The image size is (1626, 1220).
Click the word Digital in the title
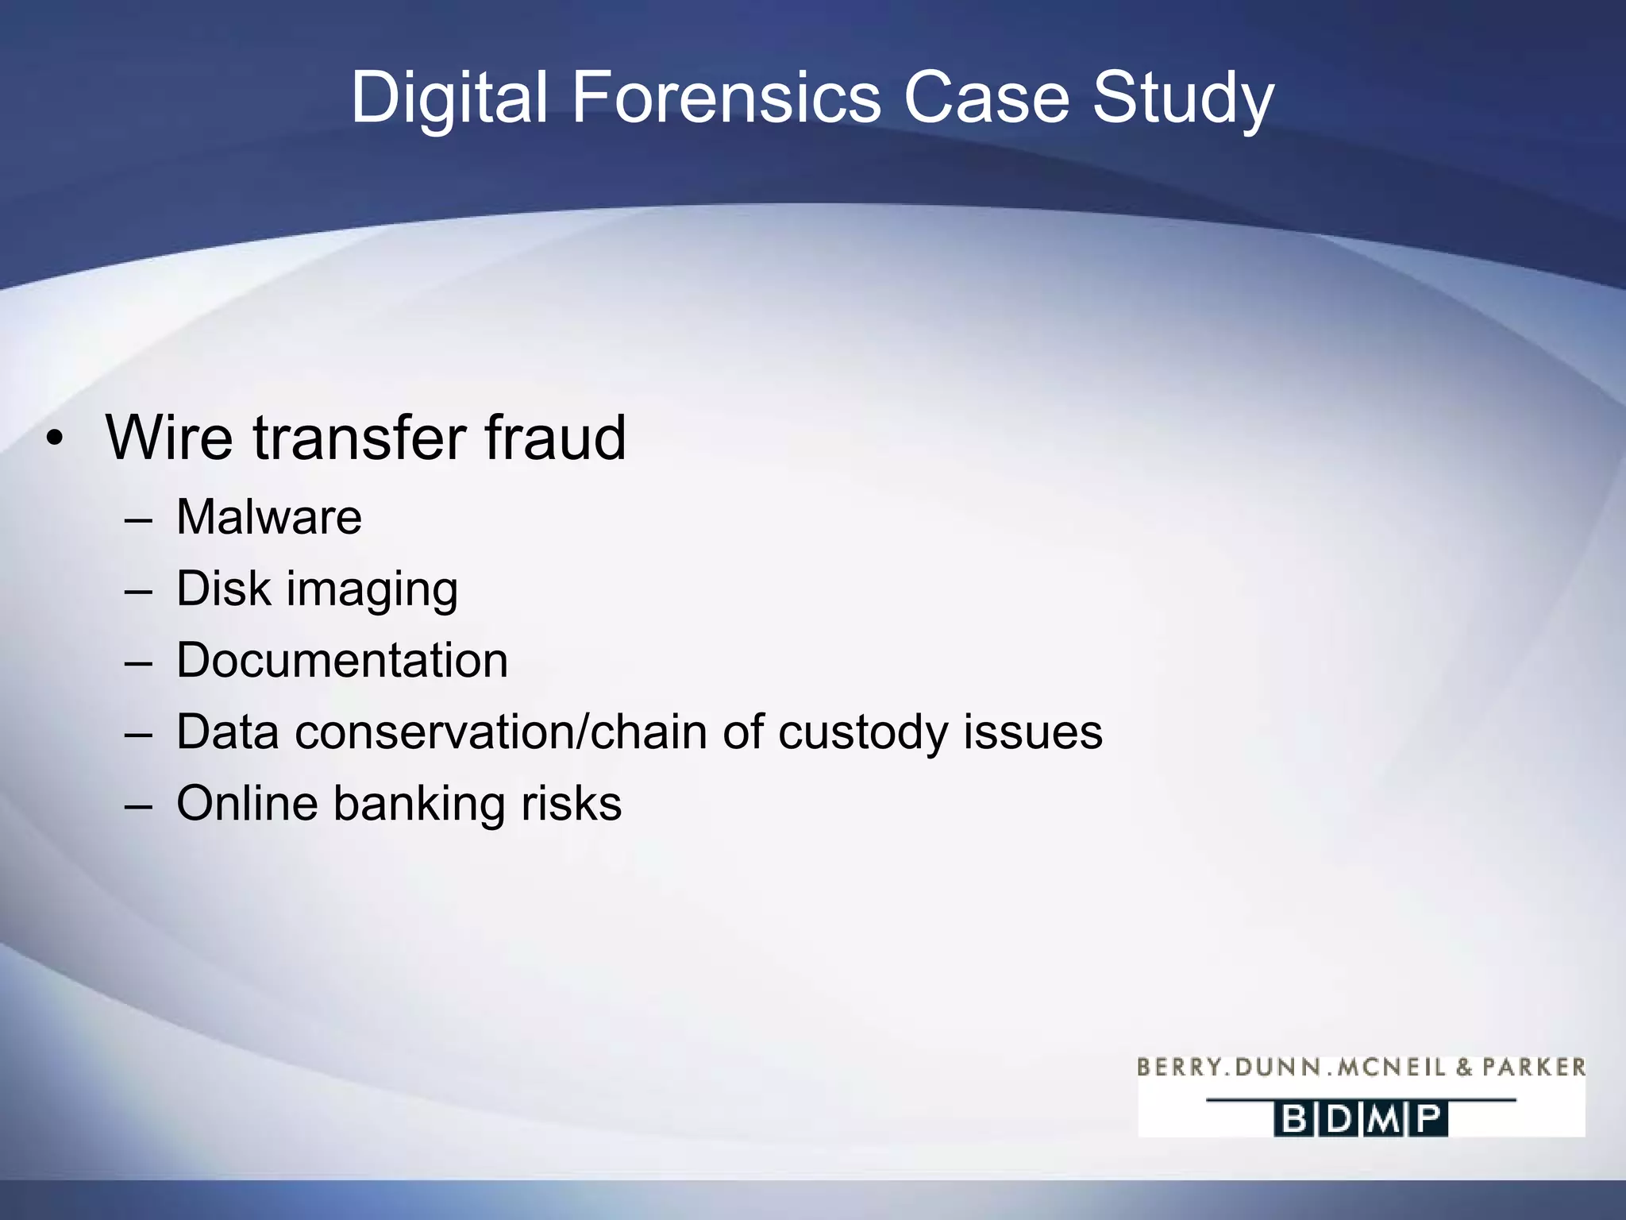tap(449, 98)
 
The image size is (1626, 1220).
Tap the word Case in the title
tap(987, 98)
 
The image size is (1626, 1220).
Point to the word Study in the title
tap(1183, 98)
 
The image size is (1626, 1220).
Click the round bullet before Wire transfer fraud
tap(54, 438)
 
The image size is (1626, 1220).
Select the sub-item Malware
tap(268, 517)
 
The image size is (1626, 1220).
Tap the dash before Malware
tap(138, 519)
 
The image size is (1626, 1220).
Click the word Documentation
tap(342, 660)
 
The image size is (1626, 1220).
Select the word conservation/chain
tap(501, 732)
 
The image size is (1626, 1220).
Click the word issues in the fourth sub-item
tap(1033, 732)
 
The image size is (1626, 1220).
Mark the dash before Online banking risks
tap(138, 805)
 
